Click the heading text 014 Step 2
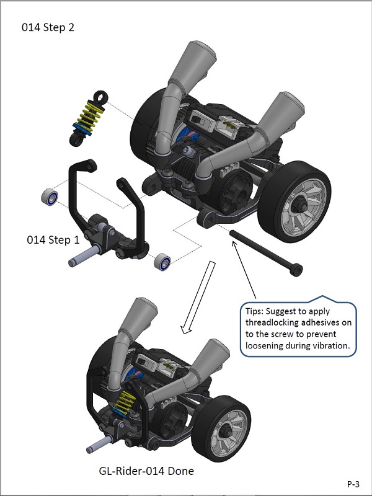point(49,27)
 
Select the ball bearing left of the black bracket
point(50,197)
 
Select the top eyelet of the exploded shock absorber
point(100,95)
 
